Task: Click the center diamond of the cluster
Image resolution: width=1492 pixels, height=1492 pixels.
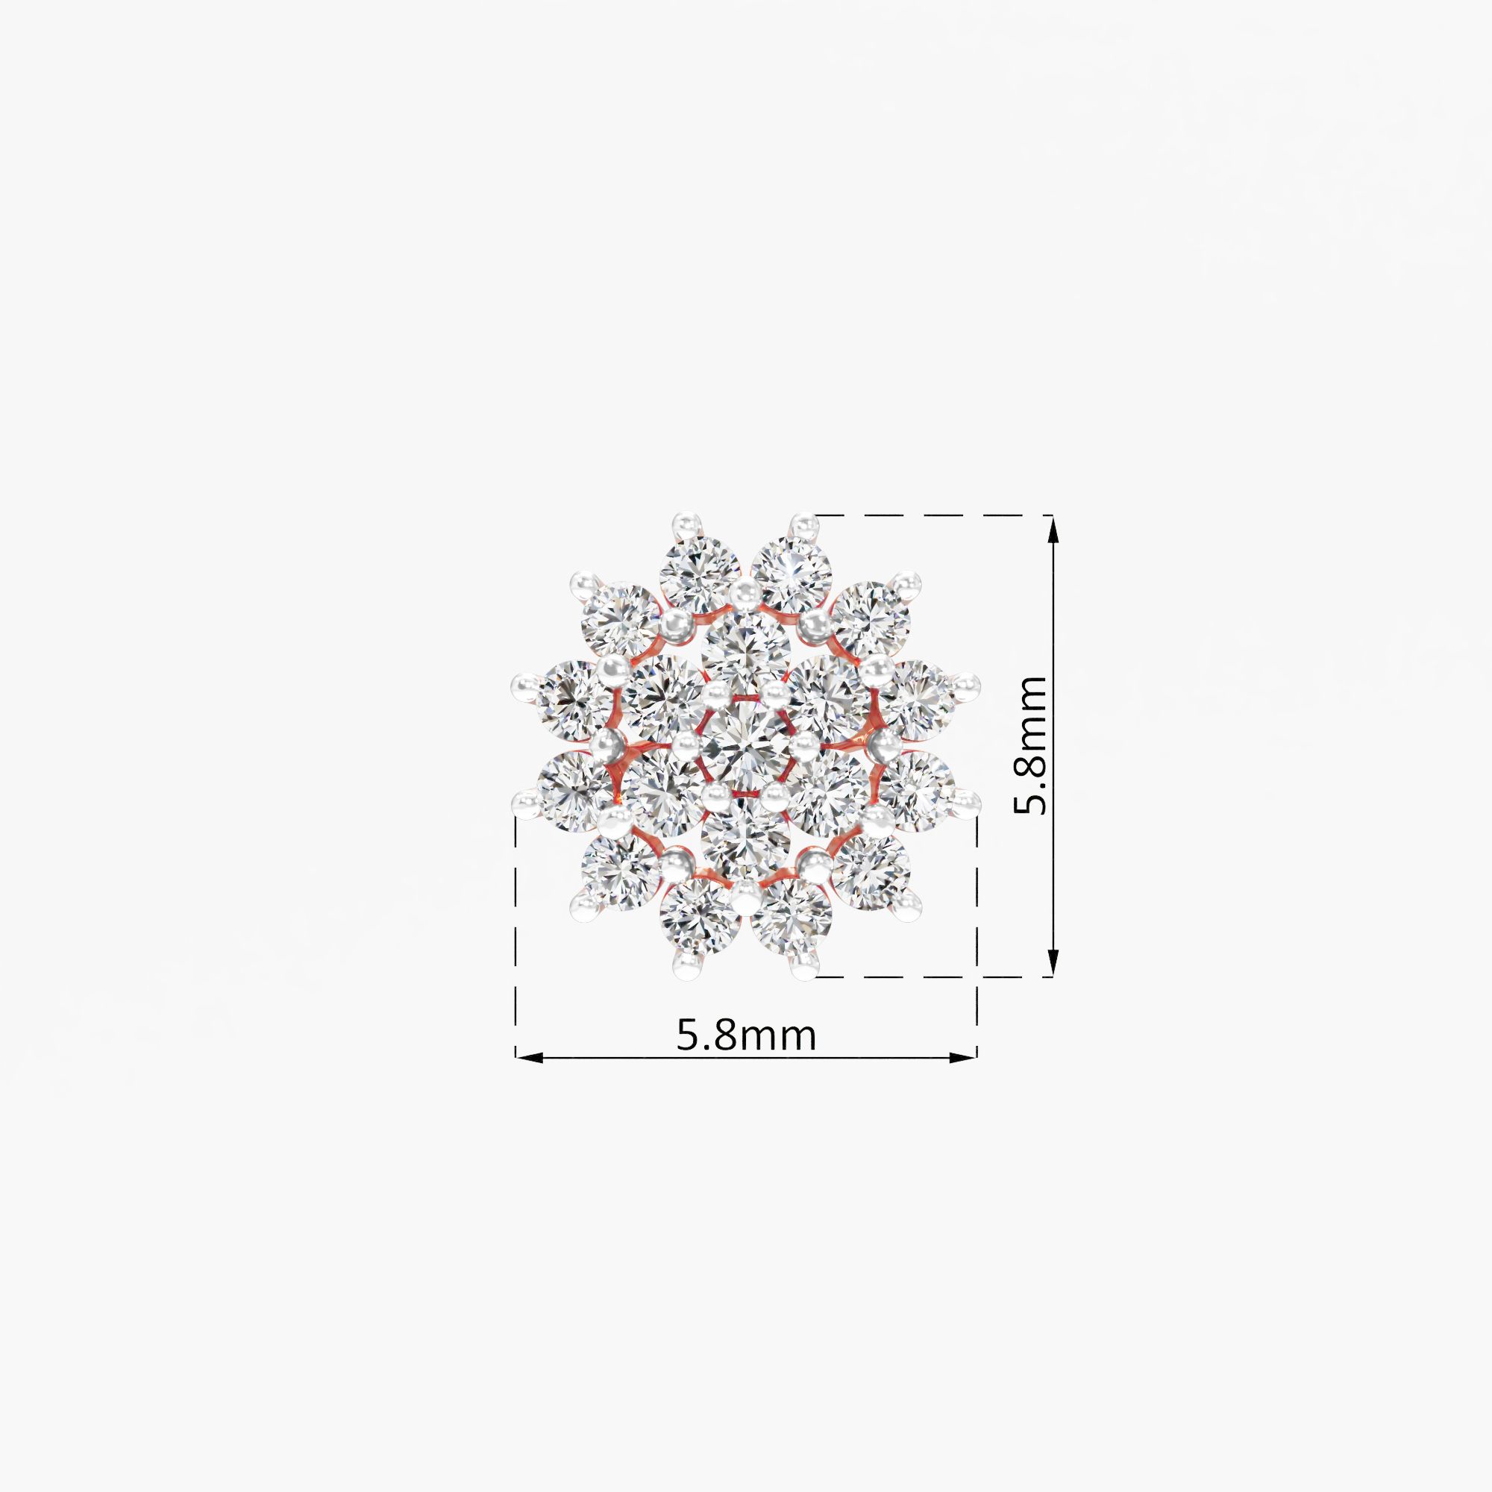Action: (746, 746)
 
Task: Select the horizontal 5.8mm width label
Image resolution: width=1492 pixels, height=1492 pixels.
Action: (746, 1035)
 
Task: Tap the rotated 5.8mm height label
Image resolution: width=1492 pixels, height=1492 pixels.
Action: (1029, 745)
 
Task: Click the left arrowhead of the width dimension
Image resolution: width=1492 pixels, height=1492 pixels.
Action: (530, 1057)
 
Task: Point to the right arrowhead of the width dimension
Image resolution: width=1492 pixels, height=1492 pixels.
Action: (963, 1057)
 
